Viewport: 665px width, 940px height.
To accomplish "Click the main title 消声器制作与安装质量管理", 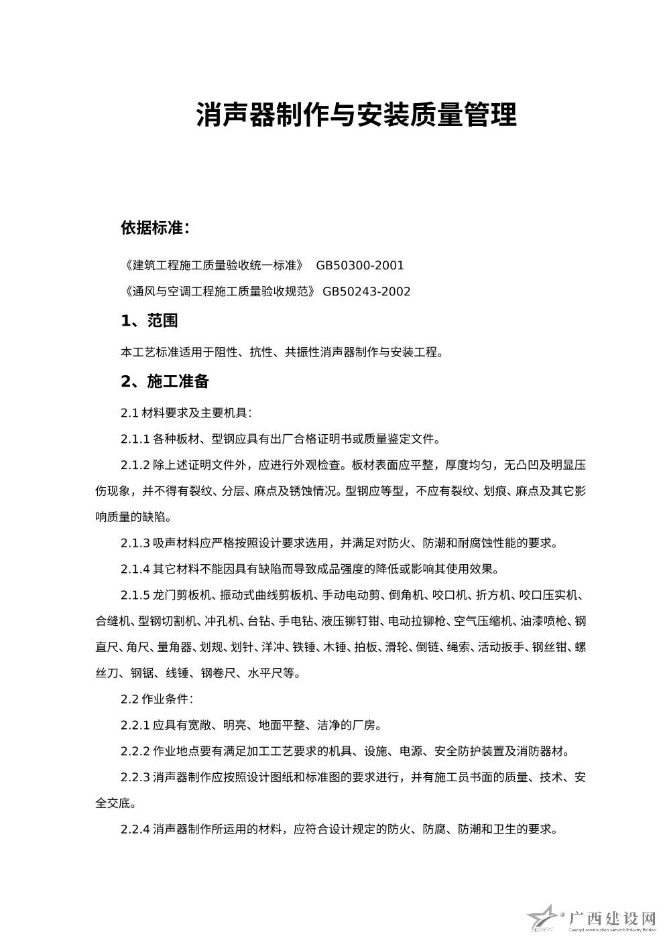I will pos(356,115).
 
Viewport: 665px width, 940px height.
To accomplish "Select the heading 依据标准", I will pos(155,228).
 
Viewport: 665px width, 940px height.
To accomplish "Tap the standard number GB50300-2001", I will pos(360,265).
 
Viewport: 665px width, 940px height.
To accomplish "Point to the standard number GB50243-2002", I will pos(366,291).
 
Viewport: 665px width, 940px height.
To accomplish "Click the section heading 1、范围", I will pos(149,321).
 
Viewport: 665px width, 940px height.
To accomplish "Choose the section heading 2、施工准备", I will pos(165,382).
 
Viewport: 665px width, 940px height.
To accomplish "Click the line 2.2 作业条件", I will pos(158,699).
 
